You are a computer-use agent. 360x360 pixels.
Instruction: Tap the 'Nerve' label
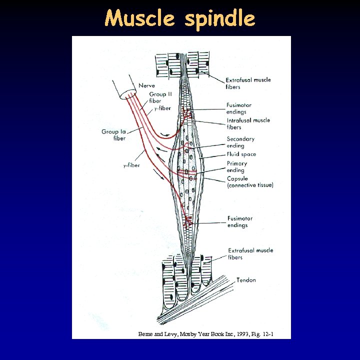click(146, 85)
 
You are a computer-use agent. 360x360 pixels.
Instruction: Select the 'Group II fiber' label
click(160, 97)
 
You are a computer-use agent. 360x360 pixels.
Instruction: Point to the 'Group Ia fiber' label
click(113, 134)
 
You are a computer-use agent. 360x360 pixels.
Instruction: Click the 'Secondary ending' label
click(240, 142)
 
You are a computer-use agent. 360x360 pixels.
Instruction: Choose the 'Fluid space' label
click(241, 154)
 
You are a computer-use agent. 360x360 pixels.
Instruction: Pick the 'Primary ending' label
click(236, 166)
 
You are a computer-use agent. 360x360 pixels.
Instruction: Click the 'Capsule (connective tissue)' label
click(250, 181)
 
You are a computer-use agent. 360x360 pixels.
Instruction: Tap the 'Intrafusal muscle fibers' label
click(248, 123)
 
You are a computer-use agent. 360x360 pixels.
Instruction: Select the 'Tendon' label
click(246, 280)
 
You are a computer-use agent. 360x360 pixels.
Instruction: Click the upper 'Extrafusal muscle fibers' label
click(248, 83)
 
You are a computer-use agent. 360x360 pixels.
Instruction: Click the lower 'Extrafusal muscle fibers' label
click(250, 253)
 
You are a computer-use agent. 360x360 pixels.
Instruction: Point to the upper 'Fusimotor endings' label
click(238, 108)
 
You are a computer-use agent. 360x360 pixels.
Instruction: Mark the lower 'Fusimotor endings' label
click(239, 221)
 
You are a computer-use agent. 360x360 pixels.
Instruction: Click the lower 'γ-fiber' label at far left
click(131, 165)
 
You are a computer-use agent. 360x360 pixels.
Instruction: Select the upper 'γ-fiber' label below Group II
click(162, 108)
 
